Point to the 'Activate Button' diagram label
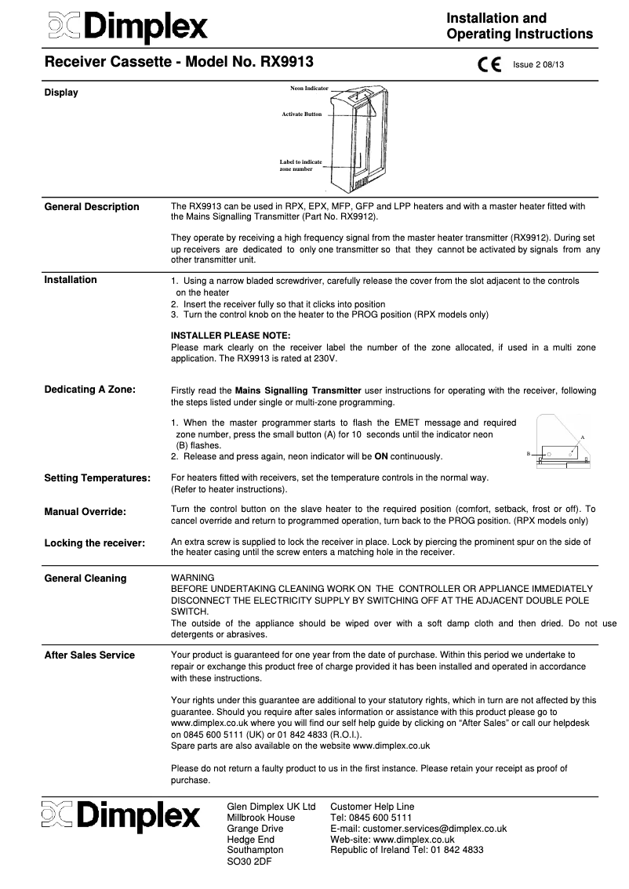coord(302,114)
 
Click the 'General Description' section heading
coord(92,207)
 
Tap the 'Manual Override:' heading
coord(85,511)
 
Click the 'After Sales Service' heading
coord(89,655)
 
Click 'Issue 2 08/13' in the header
coord(538,65)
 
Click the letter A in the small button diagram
coord(583,436)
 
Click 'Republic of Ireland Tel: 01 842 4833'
coord(406,850)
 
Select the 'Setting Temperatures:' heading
coord(97,477)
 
